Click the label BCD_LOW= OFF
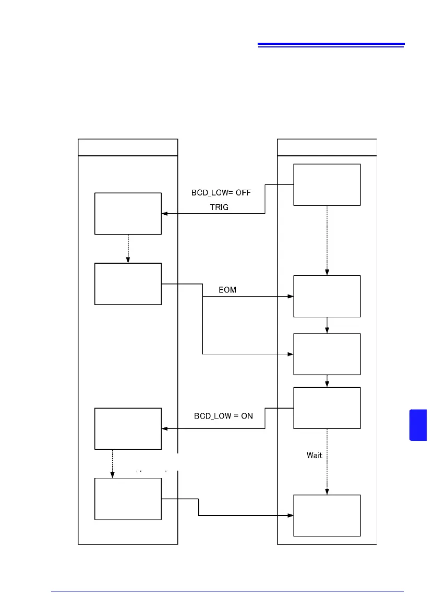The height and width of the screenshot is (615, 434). point(221,192)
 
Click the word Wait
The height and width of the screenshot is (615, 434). point(314,455)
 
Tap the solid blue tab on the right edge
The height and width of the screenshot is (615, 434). point(418,425)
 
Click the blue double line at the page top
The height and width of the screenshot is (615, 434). point(331,45)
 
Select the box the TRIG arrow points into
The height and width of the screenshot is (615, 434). point(128,214)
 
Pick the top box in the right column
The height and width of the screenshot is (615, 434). point(327,185)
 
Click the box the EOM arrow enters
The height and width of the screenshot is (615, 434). point(327,296)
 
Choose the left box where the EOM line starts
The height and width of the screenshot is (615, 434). point(128,284)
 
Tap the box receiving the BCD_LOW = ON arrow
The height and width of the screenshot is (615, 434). point(128,428)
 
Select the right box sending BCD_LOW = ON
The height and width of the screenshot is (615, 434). point(327,408)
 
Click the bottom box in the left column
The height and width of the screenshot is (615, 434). point(128,499)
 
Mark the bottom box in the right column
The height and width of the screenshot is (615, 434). point(327,515)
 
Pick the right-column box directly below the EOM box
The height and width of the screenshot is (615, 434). point(327,354)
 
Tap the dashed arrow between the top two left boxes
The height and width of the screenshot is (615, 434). point(128,249)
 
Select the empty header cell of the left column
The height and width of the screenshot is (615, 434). point(128,147)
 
